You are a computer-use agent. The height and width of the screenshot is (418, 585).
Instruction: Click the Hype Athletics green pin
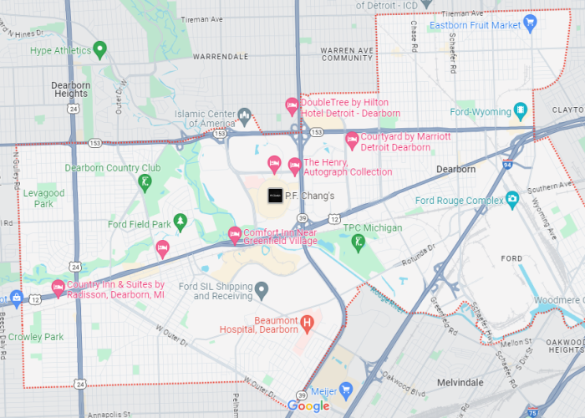tap(99, 49)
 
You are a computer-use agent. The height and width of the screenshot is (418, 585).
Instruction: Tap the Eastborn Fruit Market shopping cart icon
tap(529, 22)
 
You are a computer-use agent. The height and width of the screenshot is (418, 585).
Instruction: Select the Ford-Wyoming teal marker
tap(521, 111)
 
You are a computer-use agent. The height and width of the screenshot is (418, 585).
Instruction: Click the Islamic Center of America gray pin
tap(244, 115)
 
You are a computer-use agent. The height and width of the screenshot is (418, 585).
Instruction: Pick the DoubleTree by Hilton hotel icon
tap(292, 105)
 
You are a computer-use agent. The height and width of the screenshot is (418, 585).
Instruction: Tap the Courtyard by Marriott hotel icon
tap(352, 139)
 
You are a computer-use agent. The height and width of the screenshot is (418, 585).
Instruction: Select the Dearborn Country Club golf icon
tap(145, 180)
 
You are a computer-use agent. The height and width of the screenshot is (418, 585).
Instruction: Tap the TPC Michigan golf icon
tap(358, 241)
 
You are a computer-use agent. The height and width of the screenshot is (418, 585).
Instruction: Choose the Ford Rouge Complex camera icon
tap(512, 200)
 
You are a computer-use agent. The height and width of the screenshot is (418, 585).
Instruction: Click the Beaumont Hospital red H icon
tap(307, 322)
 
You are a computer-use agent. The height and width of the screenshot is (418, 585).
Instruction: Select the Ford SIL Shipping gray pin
tap(262, 290)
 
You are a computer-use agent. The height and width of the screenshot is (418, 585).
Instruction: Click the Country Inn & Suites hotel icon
tap(58, 288)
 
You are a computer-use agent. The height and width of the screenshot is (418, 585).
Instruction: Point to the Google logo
tap(308, 406)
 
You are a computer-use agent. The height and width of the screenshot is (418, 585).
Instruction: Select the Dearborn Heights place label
tap(71, 89)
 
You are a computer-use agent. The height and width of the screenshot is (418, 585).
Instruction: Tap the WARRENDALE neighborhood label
tap(221, 57)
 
